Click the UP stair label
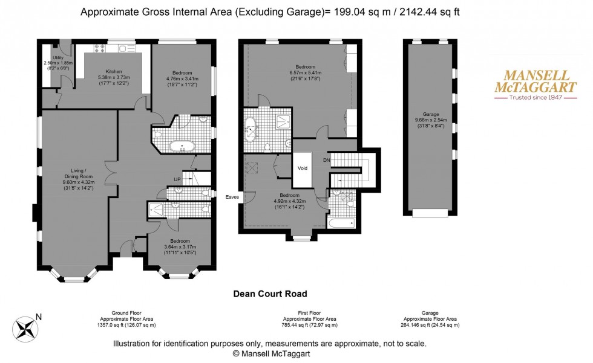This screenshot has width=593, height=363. (x=177, y=180)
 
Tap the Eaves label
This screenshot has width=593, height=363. (x=233, y=197)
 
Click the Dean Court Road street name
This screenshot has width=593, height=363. (x=270, y=294)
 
